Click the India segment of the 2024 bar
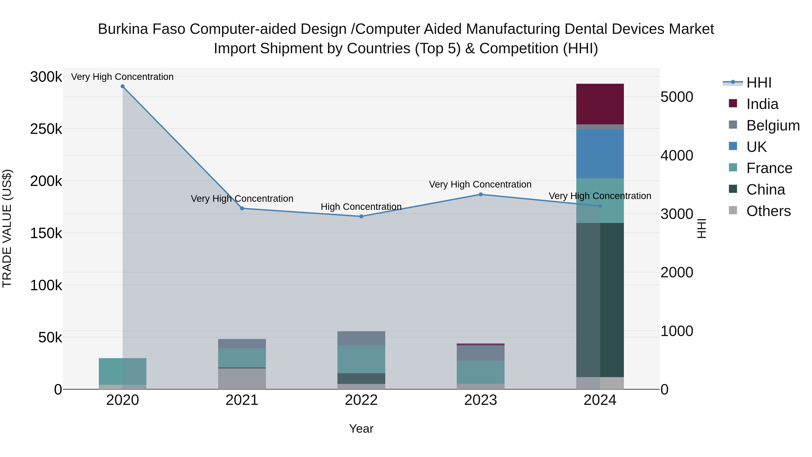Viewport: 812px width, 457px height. tap(600, 104)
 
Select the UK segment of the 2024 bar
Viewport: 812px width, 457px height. tap(600, 154)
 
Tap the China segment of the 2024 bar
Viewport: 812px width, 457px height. tap(600, 300)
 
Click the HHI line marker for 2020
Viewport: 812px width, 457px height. tap(123, 86)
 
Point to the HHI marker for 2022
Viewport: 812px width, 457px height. tap(361, 216)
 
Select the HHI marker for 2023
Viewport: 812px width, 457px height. tap(480, 195)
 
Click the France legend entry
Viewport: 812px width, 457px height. tap(769, 168)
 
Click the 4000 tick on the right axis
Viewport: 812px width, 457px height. tap(676, 155)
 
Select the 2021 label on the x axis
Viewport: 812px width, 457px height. tap(242, 400)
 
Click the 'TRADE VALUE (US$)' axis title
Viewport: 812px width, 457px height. tap(7, 228)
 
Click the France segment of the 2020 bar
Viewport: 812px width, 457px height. tap(123, 371)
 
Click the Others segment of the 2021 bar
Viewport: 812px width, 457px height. tap(242, 379)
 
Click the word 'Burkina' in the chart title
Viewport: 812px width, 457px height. tap(123, 29)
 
